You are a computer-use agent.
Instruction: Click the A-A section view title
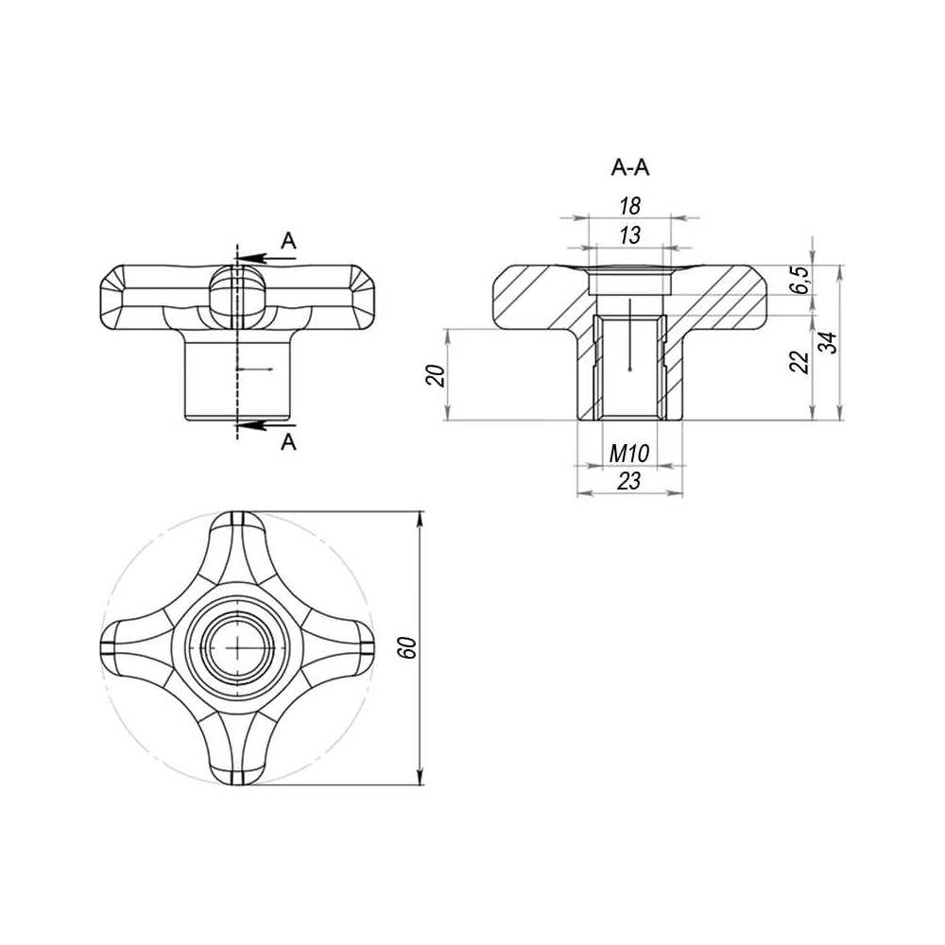629,167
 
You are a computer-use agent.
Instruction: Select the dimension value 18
629,206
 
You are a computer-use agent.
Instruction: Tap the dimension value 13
629,235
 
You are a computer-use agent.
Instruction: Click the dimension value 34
830,343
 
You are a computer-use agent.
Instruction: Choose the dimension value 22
800,362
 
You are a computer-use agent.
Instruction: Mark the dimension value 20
436,375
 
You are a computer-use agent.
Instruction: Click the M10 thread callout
629,454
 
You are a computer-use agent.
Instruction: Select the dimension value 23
629,481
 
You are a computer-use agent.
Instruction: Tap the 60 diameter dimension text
408,647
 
